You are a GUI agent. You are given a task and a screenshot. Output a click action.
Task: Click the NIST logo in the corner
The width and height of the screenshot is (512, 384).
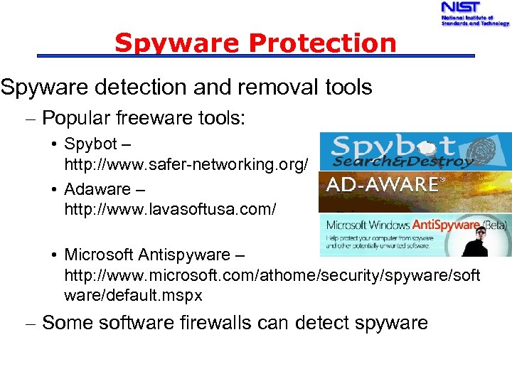473,14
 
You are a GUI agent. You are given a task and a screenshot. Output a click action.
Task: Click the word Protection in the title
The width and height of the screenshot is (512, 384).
322,43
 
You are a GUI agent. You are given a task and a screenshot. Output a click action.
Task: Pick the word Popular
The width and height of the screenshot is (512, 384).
76,118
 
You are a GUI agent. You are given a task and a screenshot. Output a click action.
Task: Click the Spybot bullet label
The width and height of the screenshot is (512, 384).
90,144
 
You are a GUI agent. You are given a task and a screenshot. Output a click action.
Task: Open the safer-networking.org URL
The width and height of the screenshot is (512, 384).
186,165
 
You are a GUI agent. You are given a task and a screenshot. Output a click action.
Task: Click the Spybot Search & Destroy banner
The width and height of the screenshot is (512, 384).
415,151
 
